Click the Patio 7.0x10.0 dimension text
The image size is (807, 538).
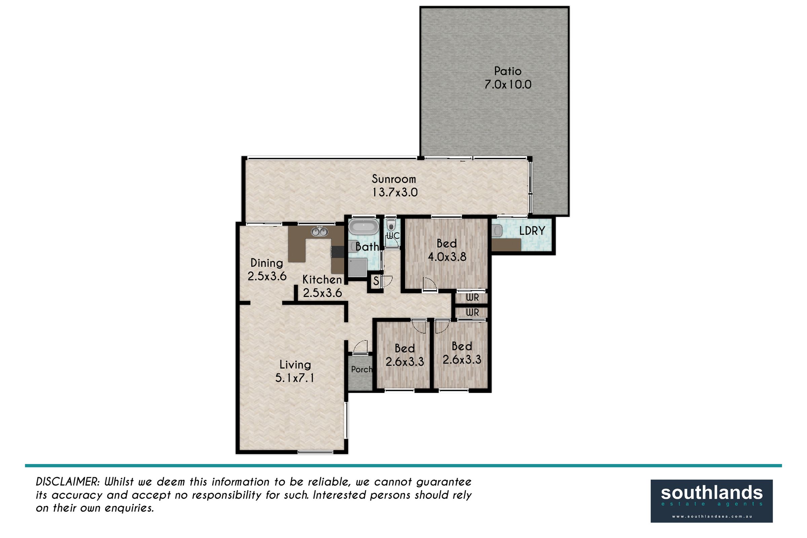point(508,84)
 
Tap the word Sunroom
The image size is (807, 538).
point(394,179)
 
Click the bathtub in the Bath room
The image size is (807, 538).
point(363,227)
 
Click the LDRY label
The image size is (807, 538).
point(532,231)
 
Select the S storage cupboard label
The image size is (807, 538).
point(376,281)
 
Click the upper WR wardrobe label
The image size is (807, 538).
point(472,298)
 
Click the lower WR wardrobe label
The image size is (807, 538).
point(472,313)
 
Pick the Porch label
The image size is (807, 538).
point(362,369)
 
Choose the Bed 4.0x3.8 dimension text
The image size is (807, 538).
point(447,257)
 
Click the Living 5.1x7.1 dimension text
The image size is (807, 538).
point(295,378)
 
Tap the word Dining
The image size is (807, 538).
point(267,263)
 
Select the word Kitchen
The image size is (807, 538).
point(322,280)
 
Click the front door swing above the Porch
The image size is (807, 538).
point(360,346)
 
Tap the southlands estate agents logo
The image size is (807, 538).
point(712,501)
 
